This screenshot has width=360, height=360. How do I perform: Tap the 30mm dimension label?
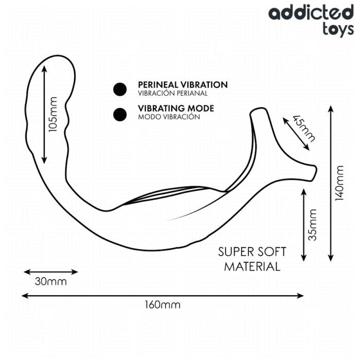coord(51,281)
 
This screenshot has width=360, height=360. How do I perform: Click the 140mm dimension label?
coord(339,184)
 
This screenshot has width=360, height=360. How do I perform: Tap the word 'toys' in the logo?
coord(337,29)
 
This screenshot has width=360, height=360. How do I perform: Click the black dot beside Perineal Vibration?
coord(120,89)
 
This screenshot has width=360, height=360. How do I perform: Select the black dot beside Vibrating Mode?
coord(120,114)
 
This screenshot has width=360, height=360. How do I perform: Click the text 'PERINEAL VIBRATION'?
coord(183,85)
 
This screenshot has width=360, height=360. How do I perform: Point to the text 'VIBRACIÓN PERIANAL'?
coord(172,94)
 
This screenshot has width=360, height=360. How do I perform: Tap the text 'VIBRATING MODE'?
coord(176,109)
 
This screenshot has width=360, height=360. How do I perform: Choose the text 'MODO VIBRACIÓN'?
coord(169,117)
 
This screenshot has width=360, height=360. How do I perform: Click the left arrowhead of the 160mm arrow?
coord(24,296)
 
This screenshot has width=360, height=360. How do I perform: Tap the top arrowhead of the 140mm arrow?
coord(330,108)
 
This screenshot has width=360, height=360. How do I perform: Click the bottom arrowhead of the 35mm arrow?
coord(305,259)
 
